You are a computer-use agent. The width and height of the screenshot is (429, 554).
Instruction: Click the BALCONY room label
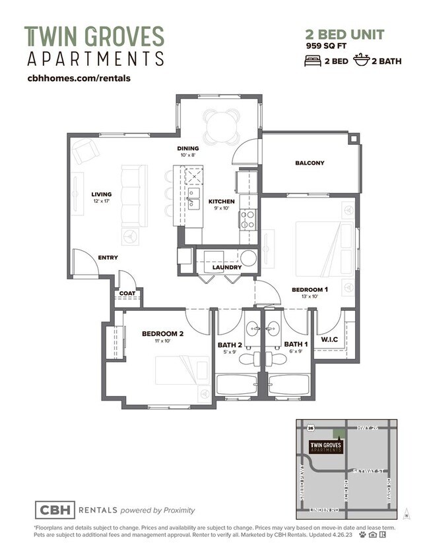(310, 163)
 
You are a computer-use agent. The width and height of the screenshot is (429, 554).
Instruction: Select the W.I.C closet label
(329, 339)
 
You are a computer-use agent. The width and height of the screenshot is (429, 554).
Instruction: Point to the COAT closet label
(127, 294)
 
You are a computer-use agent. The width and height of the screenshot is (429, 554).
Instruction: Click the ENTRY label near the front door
(108, 258)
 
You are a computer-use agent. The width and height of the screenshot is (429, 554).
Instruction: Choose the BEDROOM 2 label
(162, 333)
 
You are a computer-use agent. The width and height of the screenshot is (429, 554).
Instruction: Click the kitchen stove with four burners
(247, 219)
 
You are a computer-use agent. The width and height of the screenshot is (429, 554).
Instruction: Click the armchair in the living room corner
(86, 152)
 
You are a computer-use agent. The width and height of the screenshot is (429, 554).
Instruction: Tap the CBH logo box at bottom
(55, 509)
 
